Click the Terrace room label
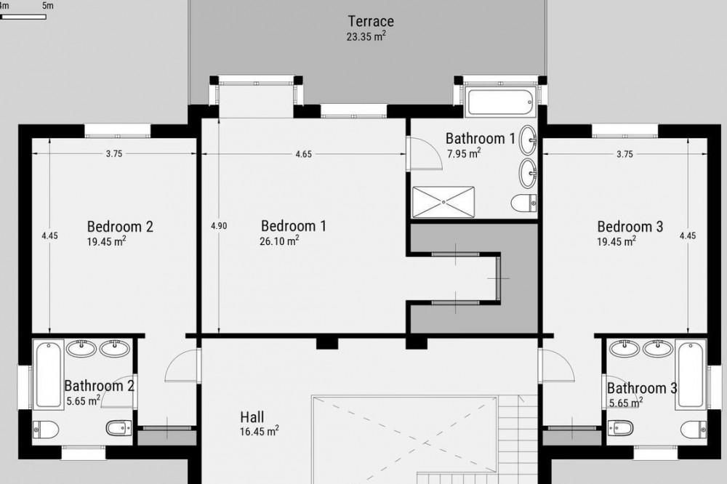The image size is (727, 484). (x=371, y=21)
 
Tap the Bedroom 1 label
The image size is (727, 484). (x=294, y=226)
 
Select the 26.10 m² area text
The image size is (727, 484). (x=279, y=241)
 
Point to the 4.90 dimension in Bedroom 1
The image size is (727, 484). (x=219, y=226)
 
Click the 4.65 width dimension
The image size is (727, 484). (x=304, y=154)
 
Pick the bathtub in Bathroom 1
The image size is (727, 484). (x=500, y=102)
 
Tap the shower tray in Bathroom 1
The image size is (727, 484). (x=443, y=202)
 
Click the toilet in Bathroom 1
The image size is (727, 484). (x=524, y=203)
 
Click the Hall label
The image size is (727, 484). (x=252, y=416)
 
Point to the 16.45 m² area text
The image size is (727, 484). (x=260, y=431)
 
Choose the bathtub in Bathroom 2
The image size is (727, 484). (x=48, y=374)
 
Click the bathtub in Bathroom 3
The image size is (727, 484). (x=691, y=374)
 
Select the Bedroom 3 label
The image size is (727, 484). (x=630, y=226)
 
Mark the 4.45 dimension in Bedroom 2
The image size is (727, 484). (x=49, y=235)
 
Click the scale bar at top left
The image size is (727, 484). (x=23, y=17)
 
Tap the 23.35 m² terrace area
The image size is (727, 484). (x=366, y=36)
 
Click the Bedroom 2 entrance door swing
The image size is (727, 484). (x=182, y=365)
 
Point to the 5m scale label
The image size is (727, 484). (x=47, y=6)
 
